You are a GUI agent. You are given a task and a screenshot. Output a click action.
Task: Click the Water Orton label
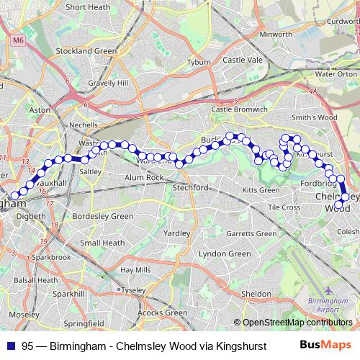[x=336, y=73]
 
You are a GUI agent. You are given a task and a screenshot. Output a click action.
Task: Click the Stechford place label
[x=190, y=187]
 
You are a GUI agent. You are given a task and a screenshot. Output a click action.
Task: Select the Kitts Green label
[x=261, y=190]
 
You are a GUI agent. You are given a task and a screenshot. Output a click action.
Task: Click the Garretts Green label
[x=251, y=233]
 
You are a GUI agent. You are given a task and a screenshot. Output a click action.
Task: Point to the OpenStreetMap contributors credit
[x=297, y=323]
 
